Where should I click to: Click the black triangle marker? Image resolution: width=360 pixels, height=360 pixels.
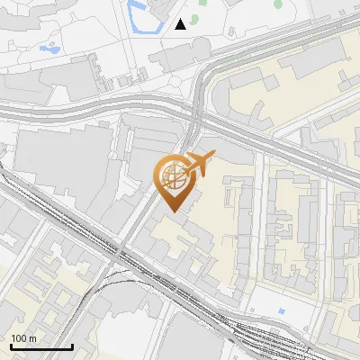181,23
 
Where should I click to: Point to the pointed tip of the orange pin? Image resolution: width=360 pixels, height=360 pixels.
174,211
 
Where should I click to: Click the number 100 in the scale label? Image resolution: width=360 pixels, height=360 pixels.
20,338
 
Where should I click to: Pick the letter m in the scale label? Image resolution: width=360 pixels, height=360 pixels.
32,338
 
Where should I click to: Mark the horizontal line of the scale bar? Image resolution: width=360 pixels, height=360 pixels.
41,346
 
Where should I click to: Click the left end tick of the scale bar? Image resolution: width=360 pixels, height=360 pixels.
12,345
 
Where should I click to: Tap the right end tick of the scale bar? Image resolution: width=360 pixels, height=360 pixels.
72,345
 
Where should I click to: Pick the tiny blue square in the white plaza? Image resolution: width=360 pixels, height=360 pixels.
282,310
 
